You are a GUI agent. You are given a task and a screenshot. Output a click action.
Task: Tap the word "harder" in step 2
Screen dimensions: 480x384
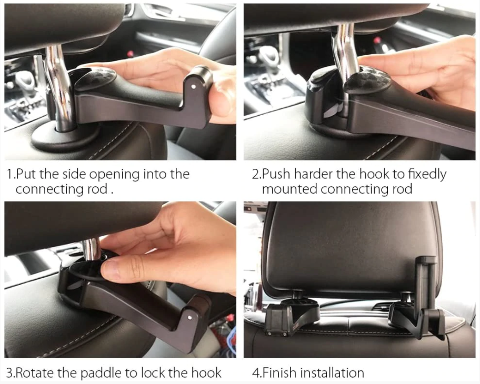313,174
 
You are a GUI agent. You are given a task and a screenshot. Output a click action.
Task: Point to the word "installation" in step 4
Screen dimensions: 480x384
332,372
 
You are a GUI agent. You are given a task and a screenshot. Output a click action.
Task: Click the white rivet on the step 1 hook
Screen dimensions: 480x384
193,87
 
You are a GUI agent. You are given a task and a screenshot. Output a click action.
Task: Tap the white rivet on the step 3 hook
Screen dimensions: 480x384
190,318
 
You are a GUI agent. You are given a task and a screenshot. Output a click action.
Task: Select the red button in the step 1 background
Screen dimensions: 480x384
131,54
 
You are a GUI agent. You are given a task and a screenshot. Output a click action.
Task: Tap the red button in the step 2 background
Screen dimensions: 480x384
377,40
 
